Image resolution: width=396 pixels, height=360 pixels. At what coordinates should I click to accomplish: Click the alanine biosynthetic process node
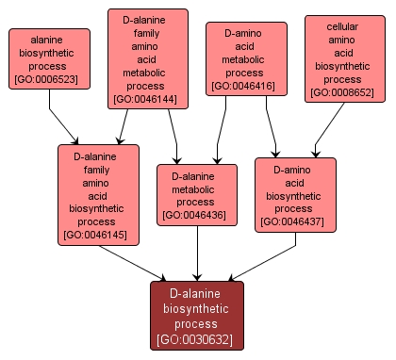click(x=49, y=58)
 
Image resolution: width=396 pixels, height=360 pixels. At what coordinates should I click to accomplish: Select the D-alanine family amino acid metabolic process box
click(x=148, y=58)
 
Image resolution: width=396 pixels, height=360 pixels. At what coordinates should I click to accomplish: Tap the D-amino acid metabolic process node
click(x=243, y=58)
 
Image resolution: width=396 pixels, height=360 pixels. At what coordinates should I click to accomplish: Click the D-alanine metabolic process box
click(x=196, y=195)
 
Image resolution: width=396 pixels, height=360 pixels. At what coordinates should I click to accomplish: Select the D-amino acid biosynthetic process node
click(x=295, y=195)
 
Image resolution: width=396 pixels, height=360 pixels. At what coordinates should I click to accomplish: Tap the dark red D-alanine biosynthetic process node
click(x=196, y=315)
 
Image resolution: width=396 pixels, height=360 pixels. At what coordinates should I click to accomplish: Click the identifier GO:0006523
click(x=49, y=80)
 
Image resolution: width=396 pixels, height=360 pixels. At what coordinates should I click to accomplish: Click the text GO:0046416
click(x=243, y=86)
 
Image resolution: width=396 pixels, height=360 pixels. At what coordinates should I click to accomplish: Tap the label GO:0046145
click(x=98, y=234)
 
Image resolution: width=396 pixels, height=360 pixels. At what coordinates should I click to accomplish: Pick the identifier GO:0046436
click(x=196, y=215)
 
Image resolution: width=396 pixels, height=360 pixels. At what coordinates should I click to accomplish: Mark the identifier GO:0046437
click(x=295, y=222)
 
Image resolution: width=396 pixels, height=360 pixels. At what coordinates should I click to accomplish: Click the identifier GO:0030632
click(x=196, y=339)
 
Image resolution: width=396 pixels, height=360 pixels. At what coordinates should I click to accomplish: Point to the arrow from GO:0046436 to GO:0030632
click(x=196, y=254)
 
